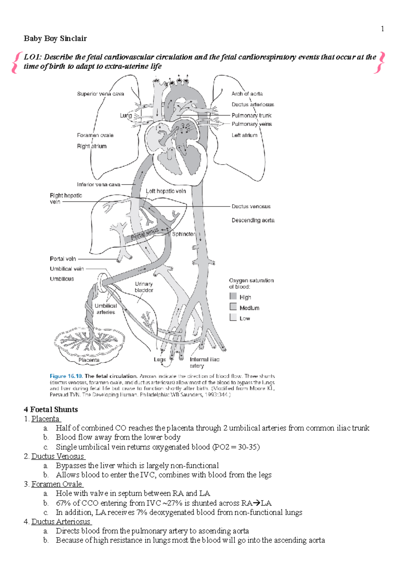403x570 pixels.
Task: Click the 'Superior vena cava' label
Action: tap(100, 94)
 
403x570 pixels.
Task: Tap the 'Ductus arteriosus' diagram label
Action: tap(253, 105)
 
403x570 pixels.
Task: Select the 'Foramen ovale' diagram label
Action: tap(95, 135)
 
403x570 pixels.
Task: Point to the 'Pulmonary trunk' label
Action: tap(251, 115)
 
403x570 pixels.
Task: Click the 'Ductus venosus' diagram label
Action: tap(251, 206)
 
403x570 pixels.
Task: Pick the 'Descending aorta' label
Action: tap(253, 220)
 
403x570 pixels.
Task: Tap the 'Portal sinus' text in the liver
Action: tap(144, 234)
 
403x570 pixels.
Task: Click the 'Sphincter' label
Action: tap(183, 234)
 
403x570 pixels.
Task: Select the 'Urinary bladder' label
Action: tap(144, 287)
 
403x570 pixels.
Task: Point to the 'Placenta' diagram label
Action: tap(89, 360)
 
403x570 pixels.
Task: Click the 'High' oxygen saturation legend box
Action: tap(233, 296)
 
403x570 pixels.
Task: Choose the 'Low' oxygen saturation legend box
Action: tap(233, 317)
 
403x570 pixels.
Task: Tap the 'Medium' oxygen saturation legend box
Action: tap(233, 306)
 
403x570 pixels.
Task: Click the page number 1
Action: tap(382, 29)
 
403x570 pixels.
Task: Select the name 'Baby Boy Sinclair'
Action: tap(55, 39)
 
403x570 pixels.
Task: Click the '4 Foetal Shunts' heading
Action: tap(51, 410)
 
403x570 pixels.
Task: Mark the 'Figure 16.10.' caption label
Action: tap(66, 376)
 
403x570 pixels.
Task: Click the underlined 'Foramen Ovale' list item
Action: tap(57, 484)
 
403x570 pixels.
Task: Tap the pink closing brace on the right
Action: tap(381, 62)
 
